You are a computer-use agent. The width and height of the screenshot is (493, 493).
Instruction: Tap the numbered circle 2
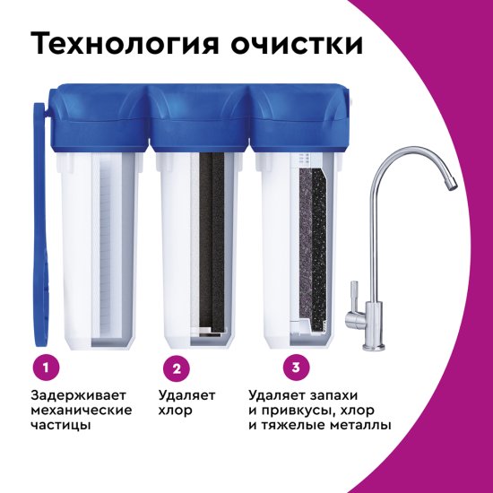pos(177,367)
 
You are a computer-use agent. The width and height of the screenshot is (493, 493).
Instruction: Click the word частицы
pos(61,426)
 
